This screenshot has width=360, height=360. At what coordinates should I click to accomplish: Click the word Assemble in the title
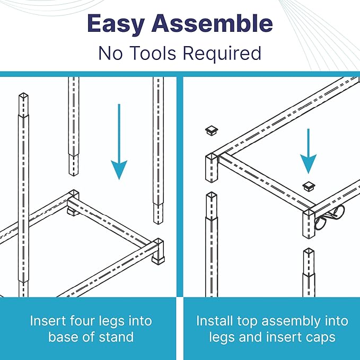pyautogui.click(x=212, y=23)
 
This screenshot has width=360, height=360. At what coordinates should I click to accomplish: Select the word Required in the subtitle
pyautogui.click(x=222, y=54)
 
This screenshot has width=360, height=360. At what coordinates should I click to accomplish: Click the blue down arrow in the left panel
pyautogui.click(x=119, y=142)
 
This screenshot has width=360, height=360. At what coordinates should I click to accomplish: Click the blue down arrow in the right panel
pyautogui.click(x=309, y=151)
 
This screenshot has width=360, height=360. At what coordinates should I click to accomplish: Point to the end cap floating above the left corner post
pyautogui.click(x=212, y=130)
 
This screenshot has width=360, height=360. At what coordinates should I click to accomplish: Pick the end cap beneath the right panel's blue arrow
pyautogui.click(x=309, y=186)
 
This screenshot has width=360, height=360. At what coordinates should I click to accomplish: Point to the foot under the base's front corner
pyautogui.click(x=158, y=260)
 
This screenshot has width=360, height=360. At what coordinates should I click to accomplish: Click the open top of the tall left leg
pyautogui.click(x=23, y=96)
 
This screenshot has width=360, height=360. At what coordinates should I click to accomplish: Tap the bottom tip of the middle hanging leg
pyautogui.click(x=73, y=175)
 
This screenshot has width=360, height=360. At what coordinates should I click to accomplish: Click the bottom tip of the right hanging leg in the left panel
pyautogui.click(x=158, y=223)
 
